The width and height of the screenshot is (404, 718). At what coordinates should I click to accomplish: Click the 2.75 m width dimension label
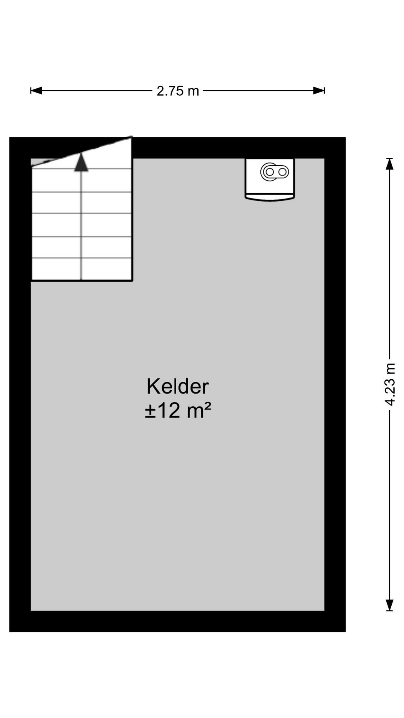[178, 91]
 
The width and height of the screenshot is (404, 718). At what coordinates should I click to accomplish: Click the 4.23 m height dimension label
[390, 384]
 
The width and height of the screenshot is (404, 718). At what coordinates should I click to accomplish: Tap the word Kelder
[177, 387]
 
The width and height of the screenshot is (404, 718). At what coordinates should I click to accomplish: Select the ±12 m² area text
[178, 411]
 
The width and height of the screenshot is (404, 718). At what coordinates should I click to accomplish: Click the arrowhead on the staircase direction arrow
[81, 163]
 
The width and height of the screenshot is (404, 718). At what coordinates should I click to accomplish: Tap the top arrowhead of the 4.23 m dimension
[389, 164]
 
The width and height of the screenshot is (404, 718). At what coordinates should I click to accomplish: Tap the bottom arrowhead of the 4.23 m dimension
[389, 605]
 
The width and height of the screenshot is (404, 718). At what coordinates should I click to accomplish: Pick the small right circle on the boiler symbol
[282, 172]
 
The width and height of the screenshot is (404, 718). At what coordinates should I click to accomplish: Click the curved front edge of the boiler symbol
[270, 199]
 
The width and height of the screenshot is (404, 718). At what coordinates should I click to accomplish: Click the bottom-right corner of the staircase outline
[132, 280]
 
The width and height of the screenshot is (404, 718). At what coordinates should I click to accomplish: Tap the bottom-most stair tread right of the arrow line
[107, 269]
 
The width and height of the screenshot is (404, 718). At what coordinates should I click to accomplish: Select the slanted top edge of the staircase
[82, 152]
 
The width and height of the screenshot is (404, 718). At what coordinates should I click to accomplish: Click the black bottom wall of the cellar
[177, 621]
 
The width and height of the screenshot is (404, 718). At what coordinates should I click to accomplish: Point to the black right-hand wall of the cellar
[335, 384]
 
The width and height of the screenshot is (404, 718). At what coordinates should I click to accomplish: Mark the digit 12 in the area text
[169, 411]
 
